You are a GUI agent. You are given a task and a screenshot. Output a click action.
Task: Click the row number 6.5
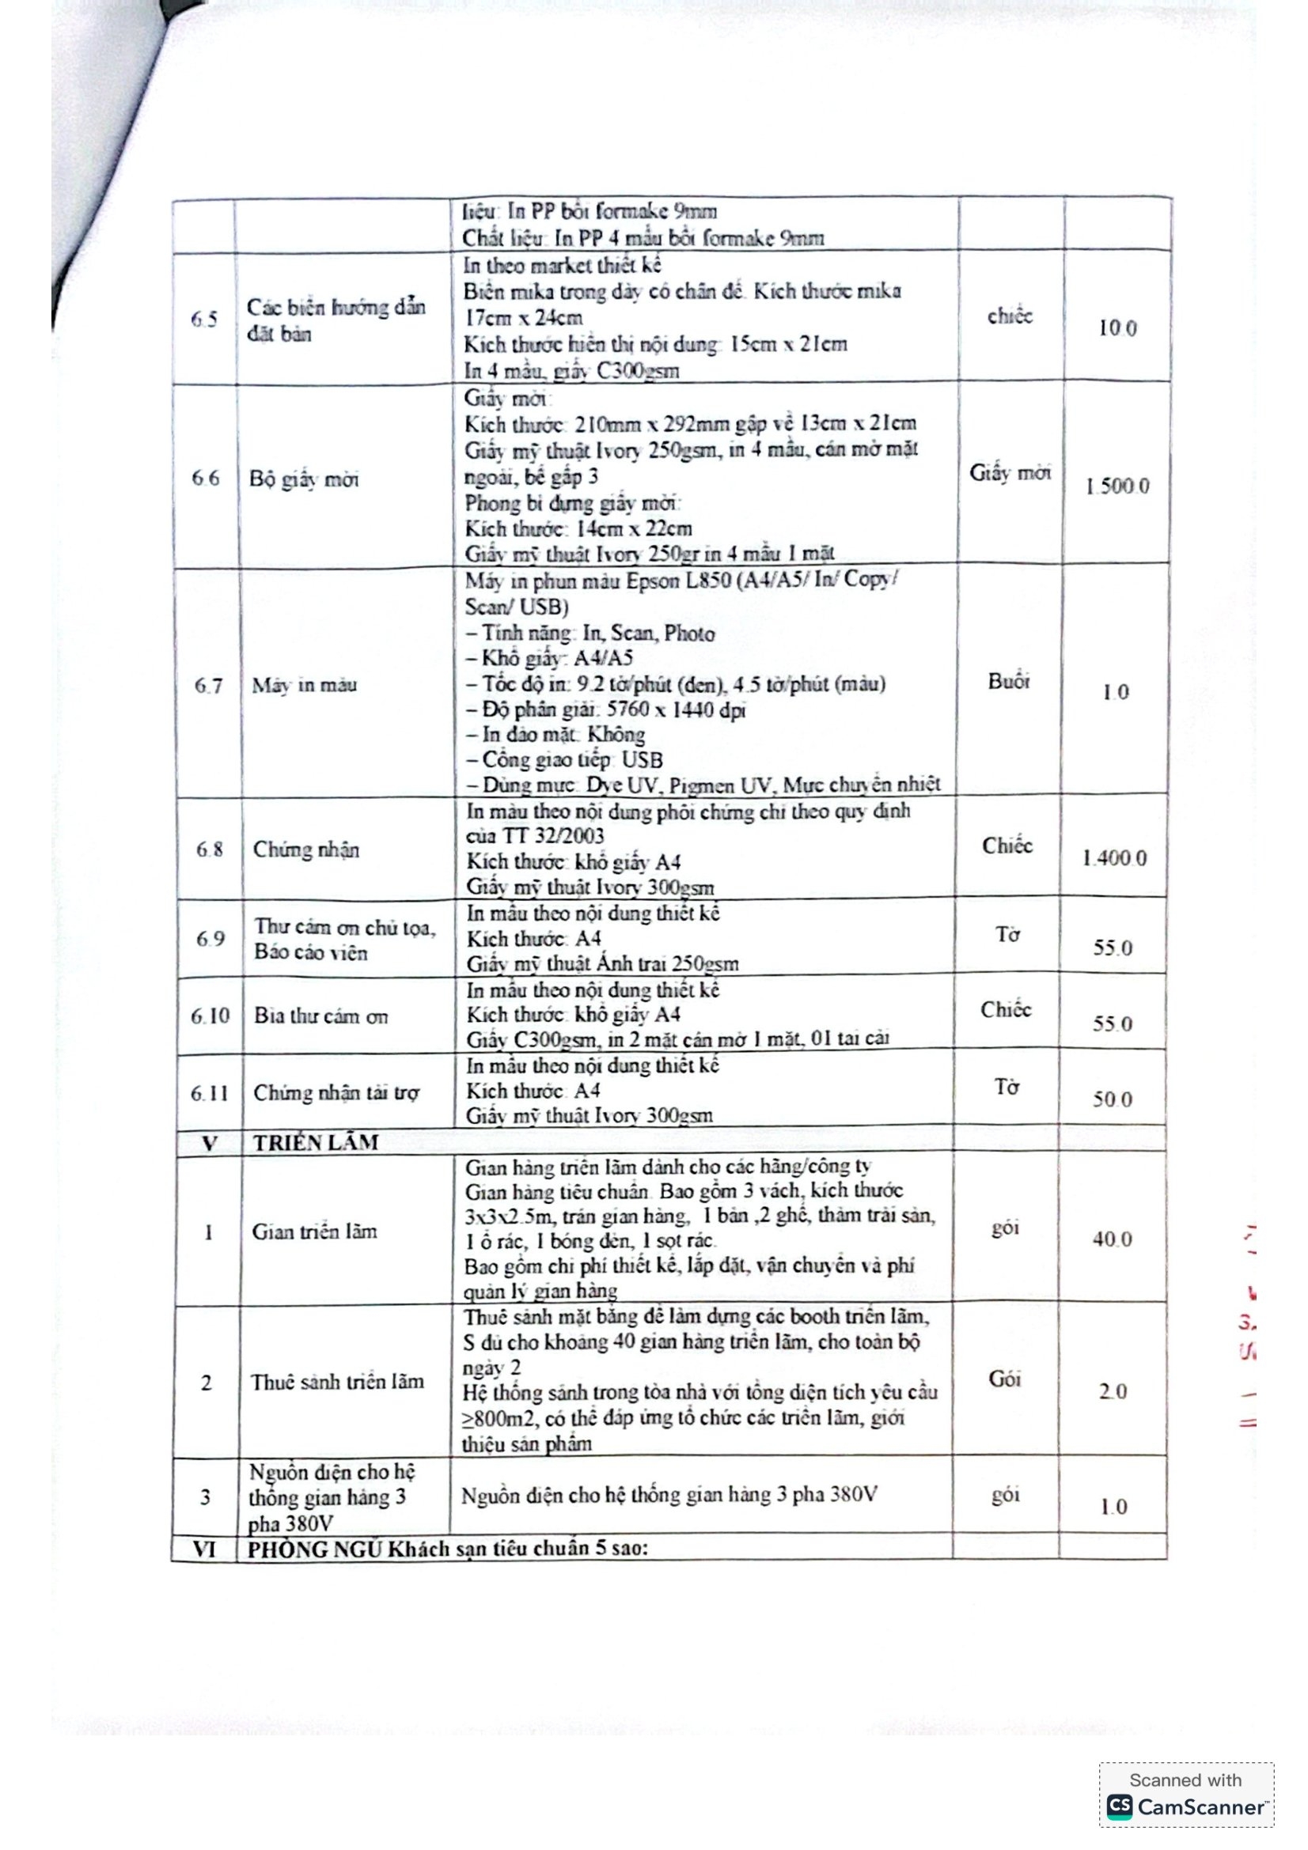(x=204, y=319)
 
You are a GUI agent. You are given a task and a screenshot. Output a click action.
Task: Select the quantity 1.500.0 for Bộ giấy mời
(x=1117, y=486)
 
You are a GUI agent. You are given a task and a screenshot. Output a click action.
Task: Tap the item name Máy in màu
(x=304, y=685)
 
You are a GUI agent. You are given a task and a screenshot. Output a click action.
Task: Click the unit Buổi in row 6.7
(x=1009, y=682)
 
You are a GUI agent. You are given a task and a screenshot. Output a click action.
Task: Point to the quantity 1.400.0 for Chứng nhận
(x=1115, y=857)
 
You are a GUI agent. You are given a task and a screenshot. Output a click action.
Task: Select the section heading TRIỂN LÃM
(x=315, y=1143)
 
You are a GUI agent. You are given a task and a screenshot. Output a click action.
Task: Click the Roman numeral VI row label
(x=204, y=1549)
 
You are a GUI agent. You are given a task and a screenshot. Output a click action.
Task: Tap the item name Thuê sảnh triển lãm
(x=337, y=1382)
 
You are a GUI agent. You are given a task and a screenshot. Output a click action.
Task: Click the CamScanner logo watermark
(x=1185, y=1807)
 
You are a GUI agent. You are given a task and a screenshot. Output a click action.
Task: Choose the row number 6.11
(x=209, y=1093)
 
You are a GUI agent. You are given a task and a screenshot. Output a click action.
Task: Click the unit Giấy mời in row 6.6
(x=1010, y=473)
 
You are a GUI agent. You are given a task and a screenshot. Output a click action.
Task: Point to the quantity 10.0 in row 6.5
(x=1118, y=328)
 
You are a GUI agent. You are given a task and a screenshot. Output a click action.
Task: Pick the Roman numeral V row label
(x=209, y=1144)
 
